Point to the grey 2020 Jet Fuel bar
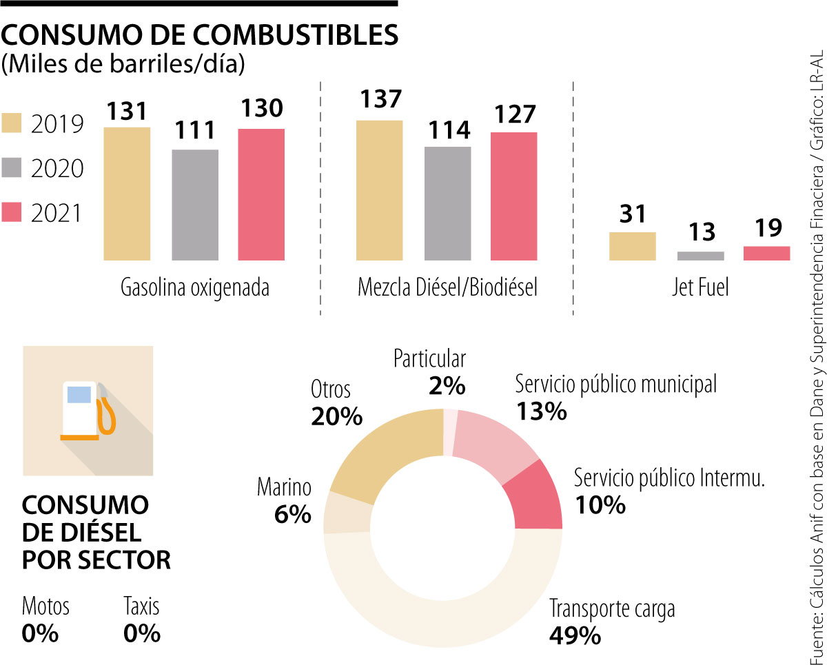coord(700,256)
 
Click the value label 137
coord(379,99)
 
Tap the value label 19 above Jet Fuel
coord(766,228)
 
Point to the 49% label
coord(575,635)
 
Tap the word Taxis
coord(141,606)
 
